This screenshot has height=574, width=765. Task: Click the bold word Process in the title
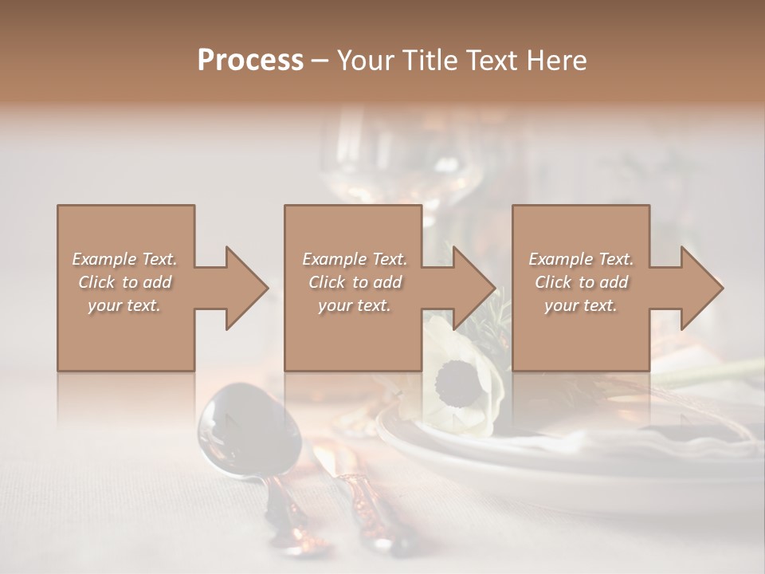click(250, 61)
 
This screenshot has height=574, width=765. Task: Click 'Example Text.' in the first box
click(124, 259)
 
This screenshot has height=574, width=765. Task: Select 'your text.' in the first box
click(124, 305)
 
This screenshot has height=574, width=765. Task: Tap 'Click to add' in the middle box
click(355, 282)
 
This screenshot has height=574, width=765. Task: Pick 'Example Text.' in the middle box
click(355, 259)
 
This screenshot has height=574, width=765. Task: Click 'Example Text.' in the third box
click(581, 259)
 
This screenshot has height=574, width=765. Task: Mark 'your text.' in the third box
click(581, 305)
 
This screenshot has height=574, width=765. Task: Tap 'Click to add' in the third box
click(581, 282)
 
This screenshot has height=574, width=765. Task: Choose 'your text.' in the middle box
click(355, 305)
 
